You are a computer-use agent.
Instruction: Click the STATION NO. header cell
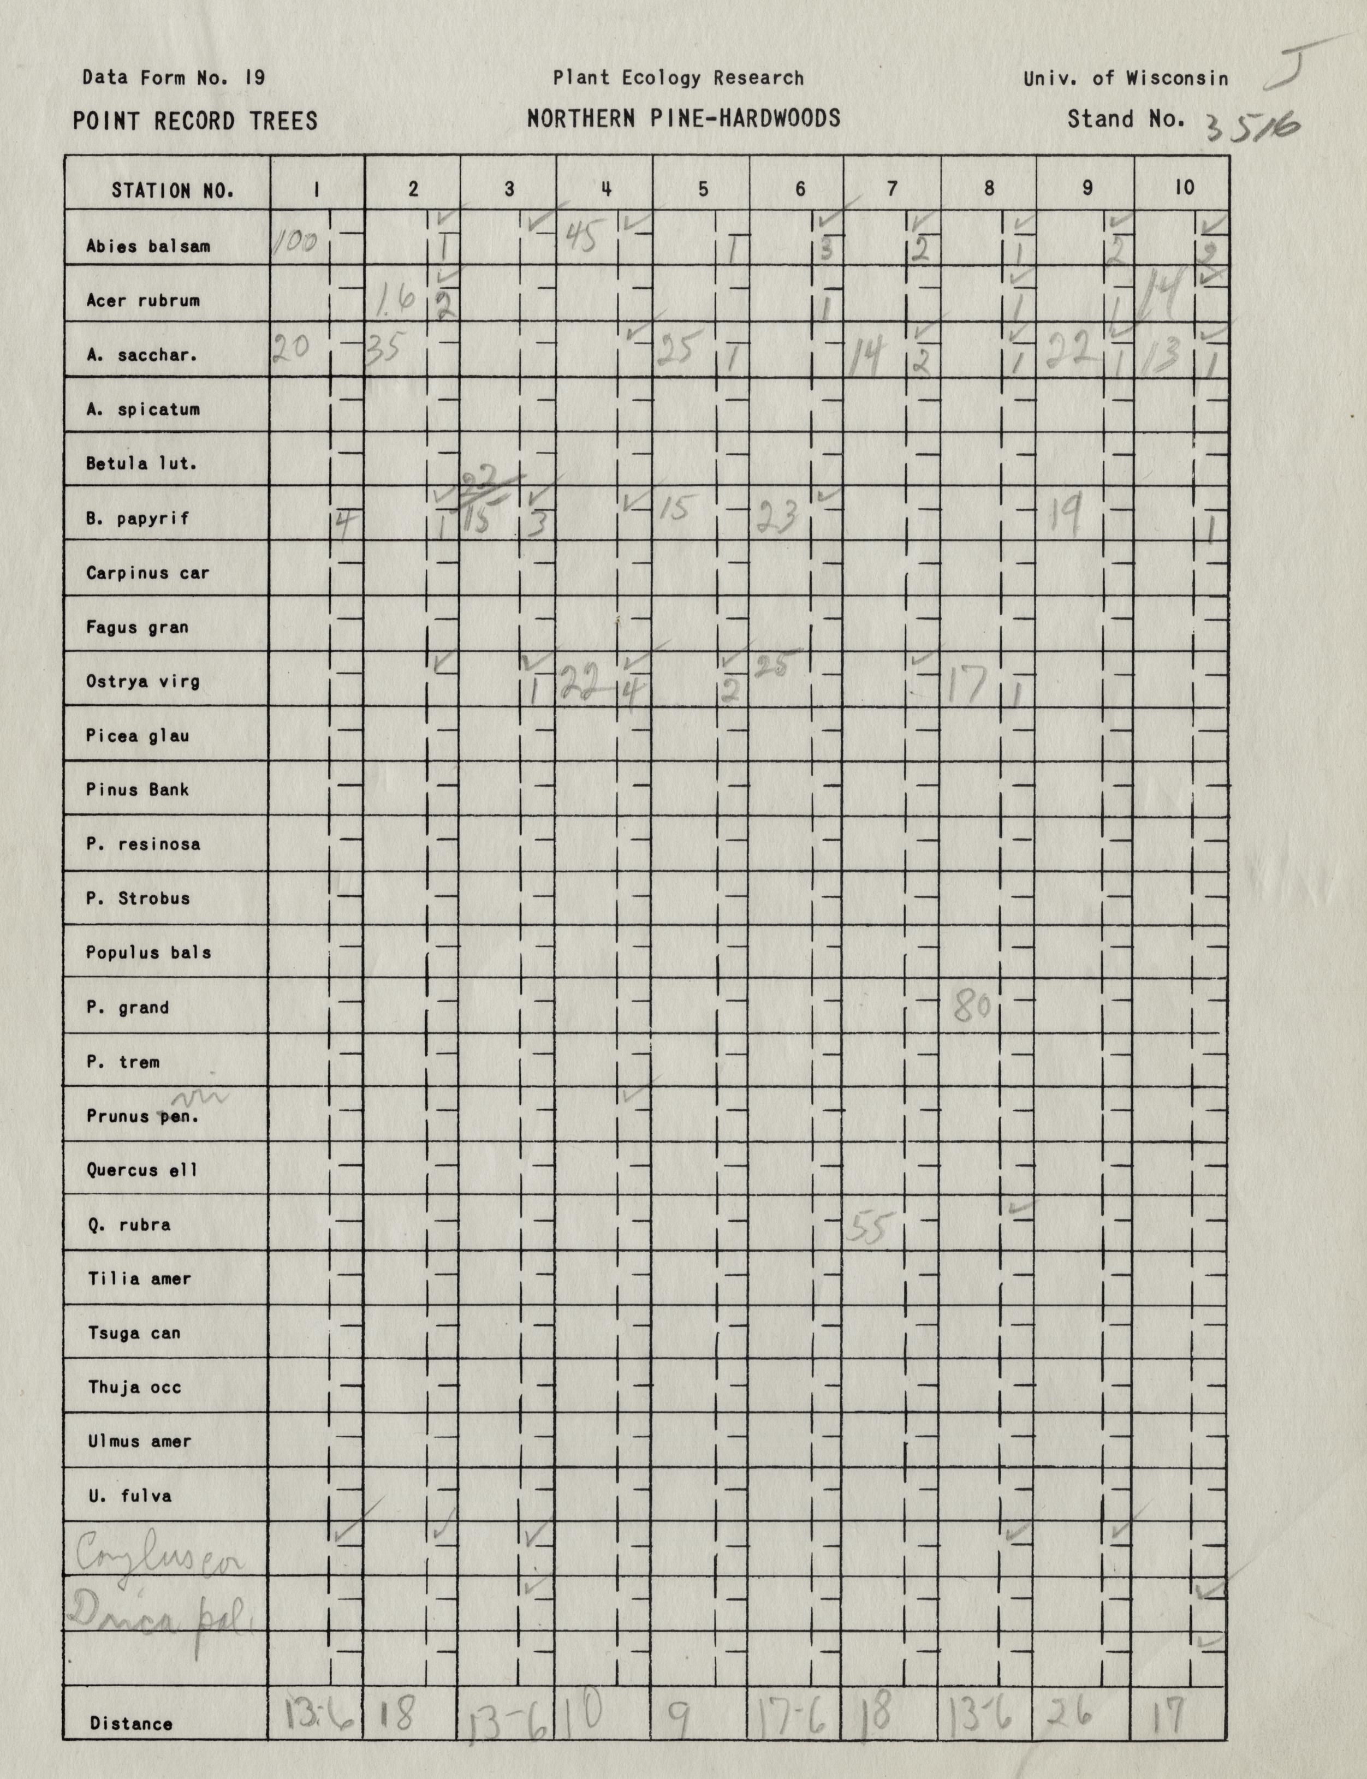pyautogui.click(x=173, y=191)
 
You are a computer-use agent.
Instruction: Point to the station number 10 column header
pyautogui.click(x=1184, y=188)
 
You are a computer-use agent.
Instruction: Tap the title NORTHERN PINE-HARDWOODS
pyautogui.click(x=683, y=120)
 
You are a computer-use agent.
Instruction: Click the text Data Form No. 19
pyautogui.click(x=173, y=78)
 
